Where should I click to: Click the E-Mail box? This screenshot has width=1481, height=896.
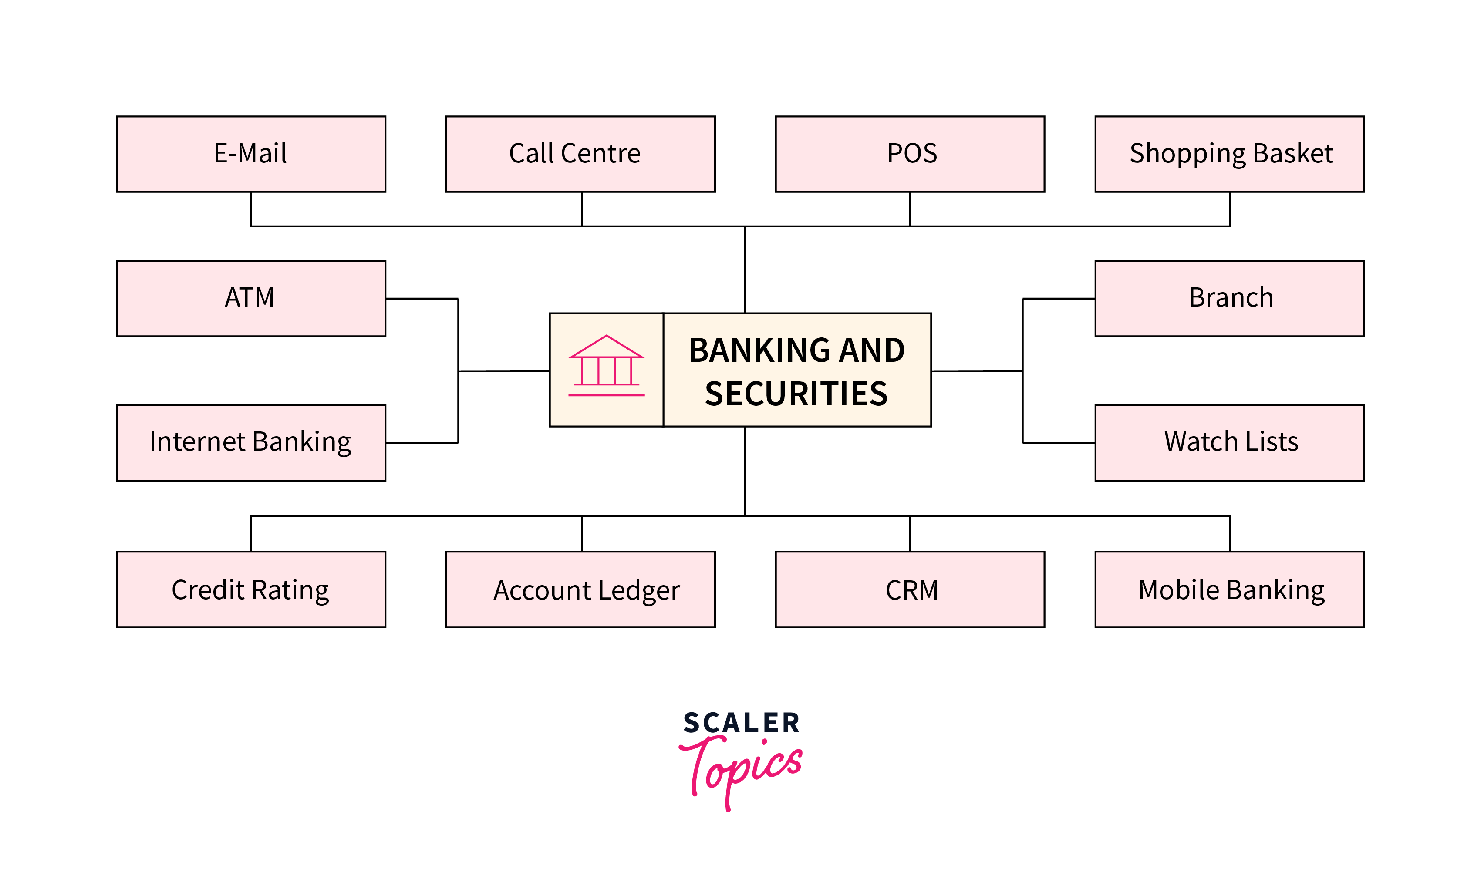tap(251, 154)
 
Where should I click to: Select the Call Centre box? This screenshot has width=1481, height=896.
tap(580, 154)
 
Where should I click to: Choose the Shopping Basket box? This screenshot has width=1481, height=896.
tap(1229, 154)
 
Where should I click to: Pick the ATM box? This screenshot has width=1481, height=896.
tap(251, 298)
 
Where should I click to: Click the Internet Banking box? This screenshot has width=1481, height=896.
tap(251, 442)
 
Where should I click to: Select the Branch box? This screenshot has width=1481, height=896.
tap(1229, 298)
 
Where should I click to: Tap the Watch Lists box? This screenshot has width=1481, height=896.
tap(1229, 442)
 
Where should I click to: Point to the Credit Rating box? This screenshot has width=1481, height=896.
tap(251, 589)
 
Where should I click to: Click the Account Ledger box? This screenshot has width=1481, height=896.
tap(580, 589)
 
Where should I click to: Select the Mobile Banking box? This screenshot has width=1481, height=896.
tap(1229, 589)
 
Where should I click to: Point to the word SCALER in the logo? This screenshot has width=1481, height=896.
tap(741, 723)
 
